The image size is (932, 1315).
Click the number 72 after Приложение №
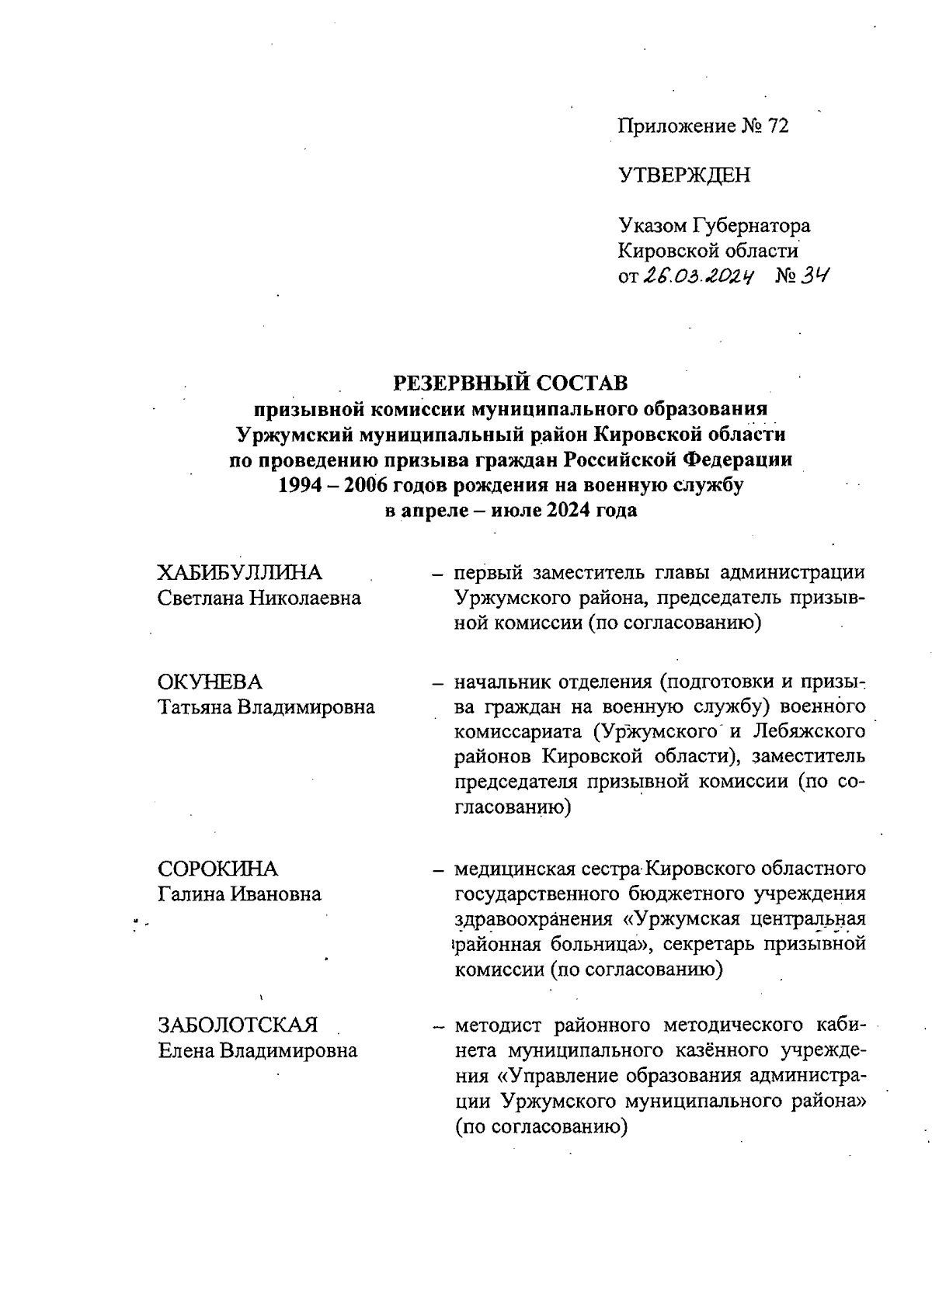pos(777,127)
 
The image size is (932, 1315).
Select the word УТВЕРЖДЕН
pos(684,175)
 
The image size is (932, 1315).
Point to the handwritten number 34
pos(813,276)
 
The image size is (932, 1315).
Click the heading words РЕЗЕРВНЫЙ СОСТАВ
pos(510,383)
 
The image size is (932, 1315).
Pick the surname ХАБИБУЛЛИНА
pos(239,573)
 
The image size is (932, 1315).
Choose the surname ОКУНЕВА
pos(210,682)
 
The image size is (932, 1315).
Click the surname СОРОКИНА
pos(217,869)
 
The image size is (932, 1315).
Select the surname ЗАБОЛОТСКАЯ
pos(238,1025)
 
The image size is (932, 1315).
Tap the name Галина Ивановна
pos(239,894)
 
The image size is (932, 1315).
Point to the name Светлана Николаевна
pos(259,599)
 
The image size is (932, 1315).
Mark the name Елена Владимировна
pos(257,1051)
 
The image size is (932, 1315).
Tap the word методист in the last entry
pos(502,1025)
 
